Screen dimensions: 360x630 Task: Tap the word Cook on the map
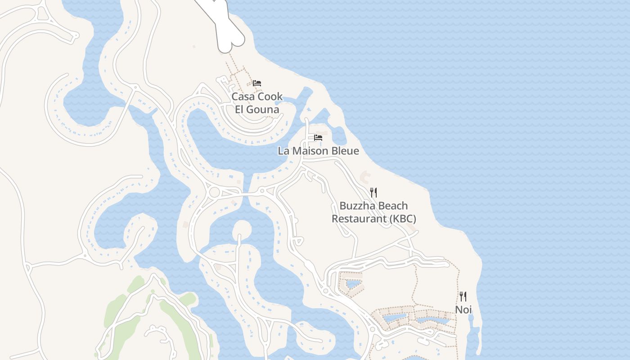(270, 96)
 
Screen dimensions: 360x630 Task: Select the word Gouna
(264, 109)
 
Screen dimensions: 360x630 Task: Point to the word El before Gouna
(240, 109)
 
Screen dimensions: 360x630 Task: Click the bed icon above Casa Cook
(257, 83)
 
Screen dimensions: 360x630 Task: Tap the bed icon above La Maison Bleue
(318, 138)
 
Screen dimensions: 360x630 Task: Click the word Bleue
(346, 151)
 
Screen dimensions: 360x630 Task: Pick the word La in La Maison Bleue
(283, 151)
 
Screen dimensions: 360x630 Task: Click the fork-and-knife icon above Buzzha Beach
(373, 193)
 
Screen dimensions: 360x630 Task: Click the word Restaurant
(359, 219)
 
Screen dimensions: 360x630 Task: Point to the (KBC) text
(403, 219)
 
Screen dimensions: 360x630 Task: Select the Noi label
(463, 310)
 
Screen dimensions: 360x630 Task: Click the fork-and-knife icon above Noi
(463, 297)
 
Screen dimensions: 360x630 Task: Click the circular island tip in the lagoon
(242, 229)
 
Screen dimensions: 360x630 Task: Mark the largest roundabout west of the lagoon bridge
(215, 193)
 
